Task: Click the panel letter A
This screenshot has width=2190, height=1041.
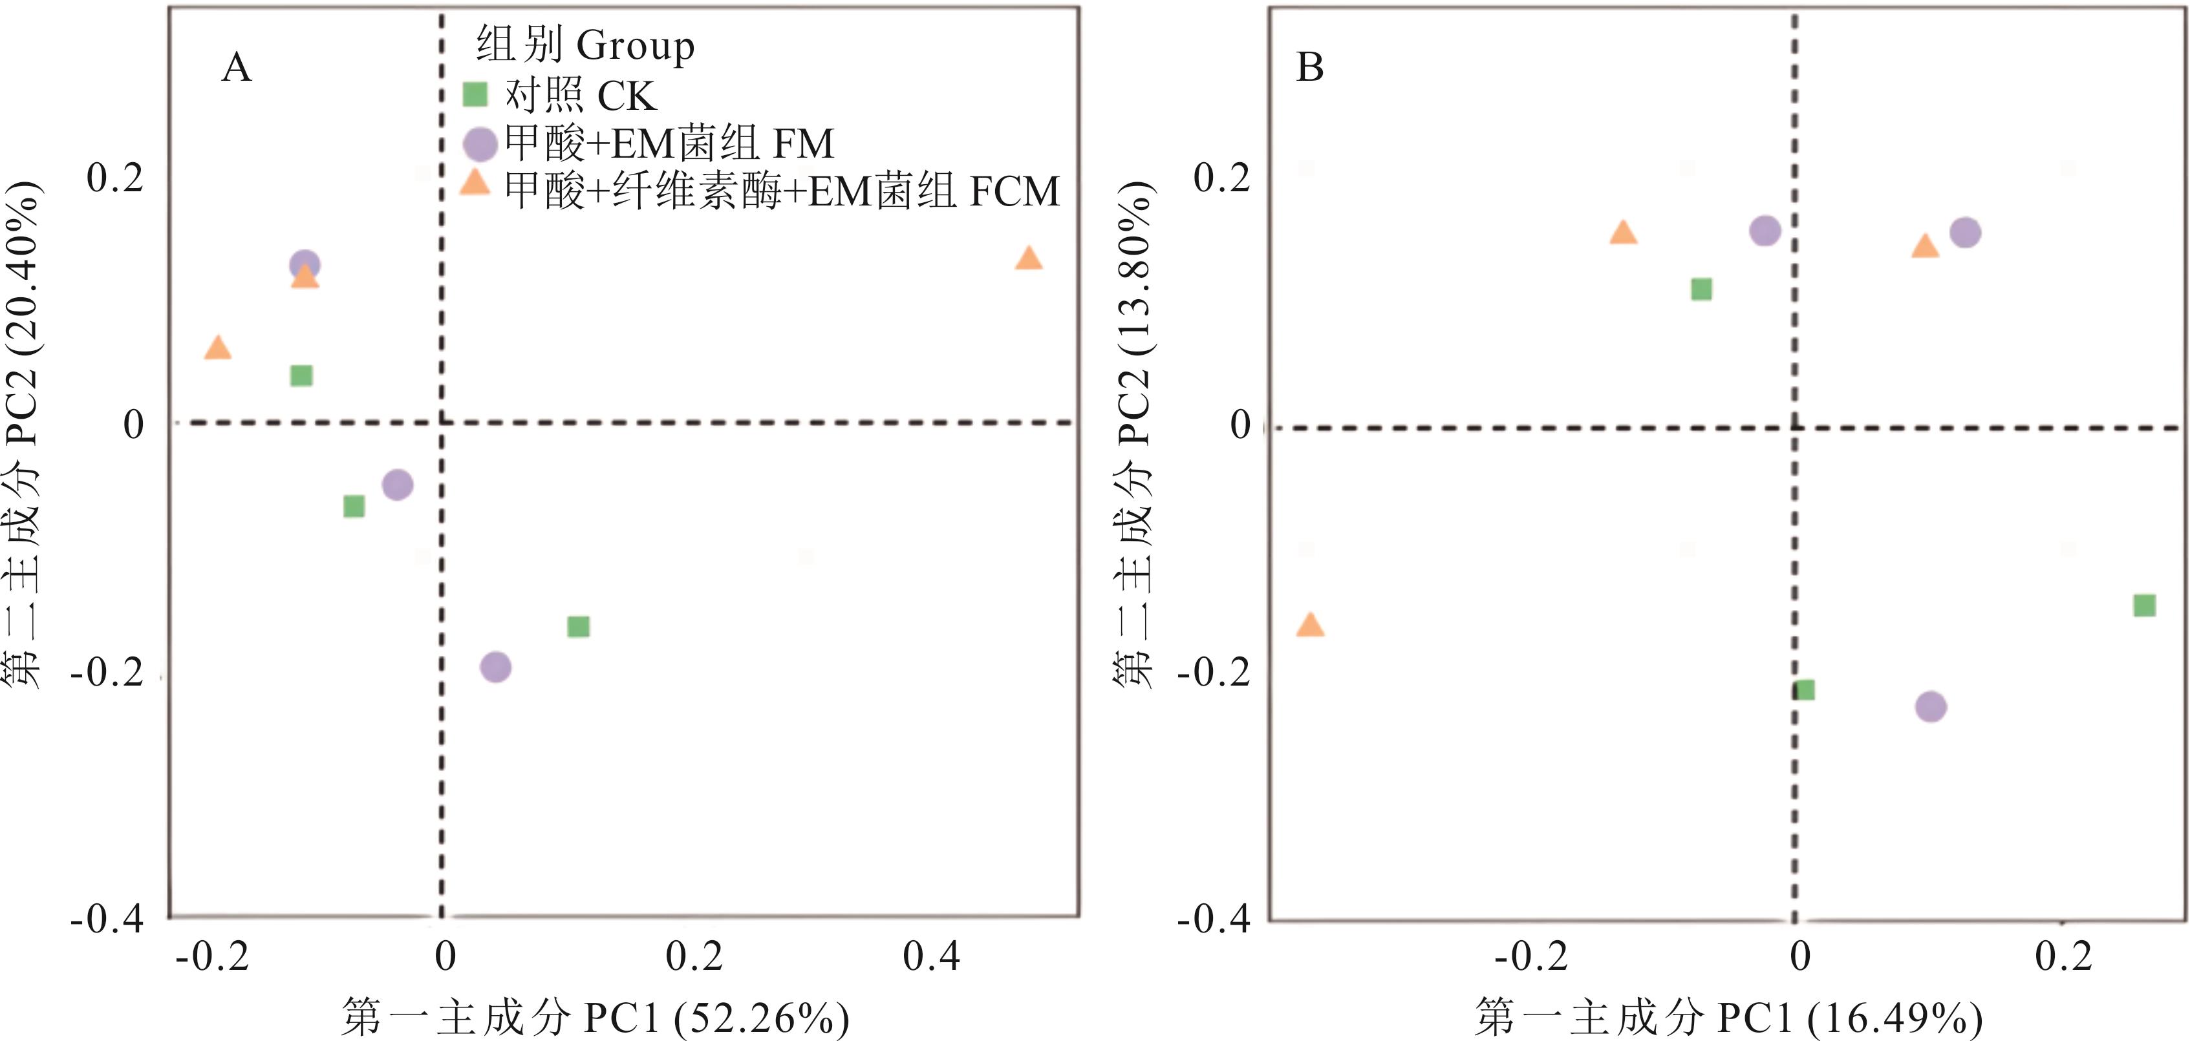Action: click(x=237, y=67)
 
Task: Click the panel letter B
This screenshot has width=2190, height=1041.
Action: click(x=1309, y=67)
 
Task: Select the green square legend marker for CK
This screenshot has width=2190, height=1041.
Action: click(x=475, y=94)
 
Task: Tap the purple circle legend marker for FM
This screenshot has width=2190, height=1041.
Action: click(x=480, y=143)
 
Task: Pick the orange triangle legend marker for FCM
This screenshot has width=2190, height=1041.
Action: click(x=475, y=183)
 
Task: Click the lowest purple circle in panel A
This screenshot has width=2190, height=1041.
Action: click(x=496, y=667)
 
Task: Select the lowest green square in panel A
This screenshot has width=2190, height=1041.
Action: click(x=578, y=627)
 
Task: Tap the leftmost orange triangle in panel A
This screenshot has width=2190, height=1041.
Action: click(x=218, y=348)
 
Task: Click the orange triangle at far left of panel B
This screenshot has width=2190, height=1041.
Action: click(x=1310, y=626)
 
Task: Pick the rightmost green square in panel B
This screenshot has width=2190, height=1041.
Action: click(x=2144, y=605)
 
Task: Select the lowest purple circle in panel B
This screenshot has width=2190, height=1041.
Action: click(x=1931, y=706)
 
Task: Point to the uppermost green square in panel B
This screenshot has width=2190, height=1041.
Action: click(x=1701, y=289)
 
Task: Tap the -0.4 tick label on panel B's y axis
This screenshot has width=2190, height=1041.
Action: click(x=1213, y=919)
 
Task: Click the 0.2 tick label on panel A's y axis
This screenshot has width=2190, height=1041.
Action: click(x=115, y=178)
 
